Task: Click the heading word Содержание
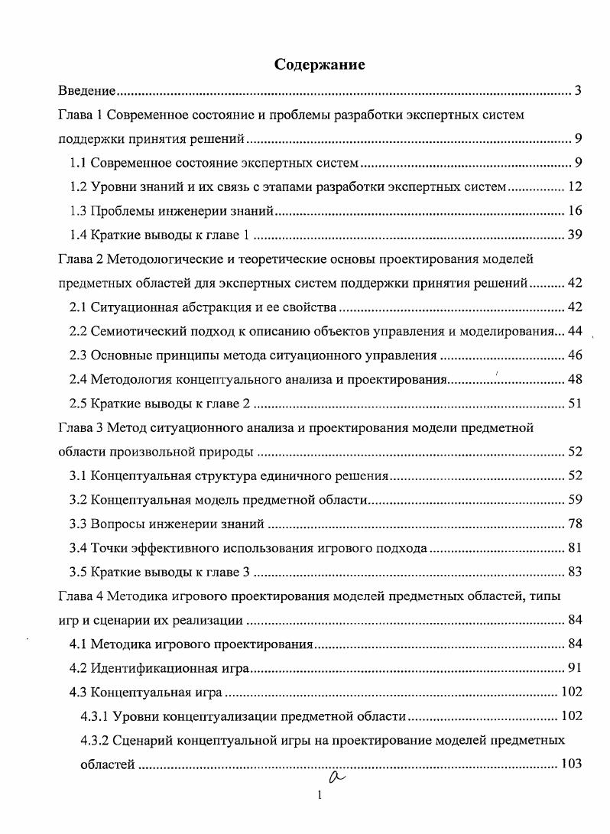(x=320, y=65)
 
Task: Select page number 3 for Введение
(x=579, y=92)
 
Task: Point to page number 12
(x=576, y=187)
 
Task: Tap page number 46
(x=576, y=355)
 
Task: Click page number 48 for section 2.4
(x=576, y=379)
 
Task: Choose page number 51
(x=576, y=403)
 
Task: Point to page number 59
(x=576, y=499)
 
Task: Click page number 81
(x=576, y=547)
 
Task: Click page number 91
(x=576, y=667)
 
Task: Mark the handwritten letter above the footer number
(x=333, y=777)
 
